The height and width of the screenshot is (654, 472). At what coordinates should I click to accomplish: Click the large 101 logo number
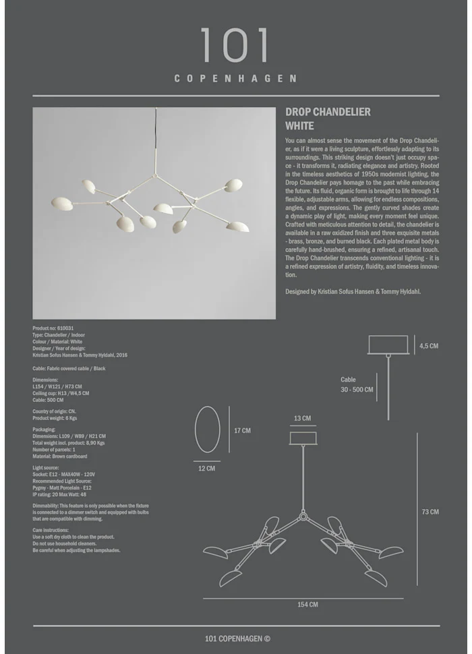pos(235,46)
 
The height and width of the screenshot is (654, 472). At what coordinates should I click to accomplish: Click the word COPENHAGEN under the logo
pos(235,79)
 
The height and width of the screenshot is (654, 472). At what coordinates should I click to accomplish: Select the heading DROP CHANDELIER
pos(328,112)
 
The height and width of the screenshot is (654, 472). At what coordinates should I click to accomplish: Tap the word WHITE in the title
pos(299,125)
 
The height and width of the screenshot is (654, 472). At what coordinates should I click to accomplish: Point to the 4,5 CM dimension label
pos(428,346)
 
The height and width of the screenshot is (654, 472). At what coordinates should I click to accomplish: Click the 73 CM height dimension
pos(430,512)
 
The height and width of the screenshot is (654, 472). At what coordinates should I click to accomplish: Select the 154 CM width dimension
pos(307,605)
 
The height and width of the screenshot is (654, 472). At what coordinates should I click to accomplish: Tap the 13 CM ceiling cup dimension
pos(302,419)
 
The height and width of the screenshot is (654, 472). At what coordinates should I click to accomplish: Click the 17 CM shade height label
pos(242,431)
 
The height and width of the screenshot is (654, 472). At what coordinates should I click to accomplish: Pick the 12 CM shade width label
pos(207,468)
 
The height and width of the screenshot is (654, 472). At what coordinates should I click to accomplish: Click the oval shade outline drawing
pos(207,429)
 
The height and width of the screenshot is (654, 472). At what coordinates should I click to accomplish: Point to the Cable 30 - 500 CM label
pos(356,385)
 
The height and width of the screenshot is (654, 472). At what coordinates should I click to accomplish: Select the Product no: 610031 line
pos(53,328)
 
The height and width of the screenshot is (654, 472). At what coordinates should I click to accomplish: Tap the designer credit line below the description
pos(353,291)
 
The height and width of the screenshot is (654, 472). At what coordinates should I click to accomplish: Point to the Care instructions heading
pos(51,531)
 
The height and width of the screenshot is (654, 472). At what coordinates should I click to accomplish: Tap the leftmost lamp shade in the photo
pos(62,203)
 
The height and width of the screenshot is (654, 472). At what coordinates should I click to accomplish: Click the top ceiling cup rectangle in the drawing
pos(388,345)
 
